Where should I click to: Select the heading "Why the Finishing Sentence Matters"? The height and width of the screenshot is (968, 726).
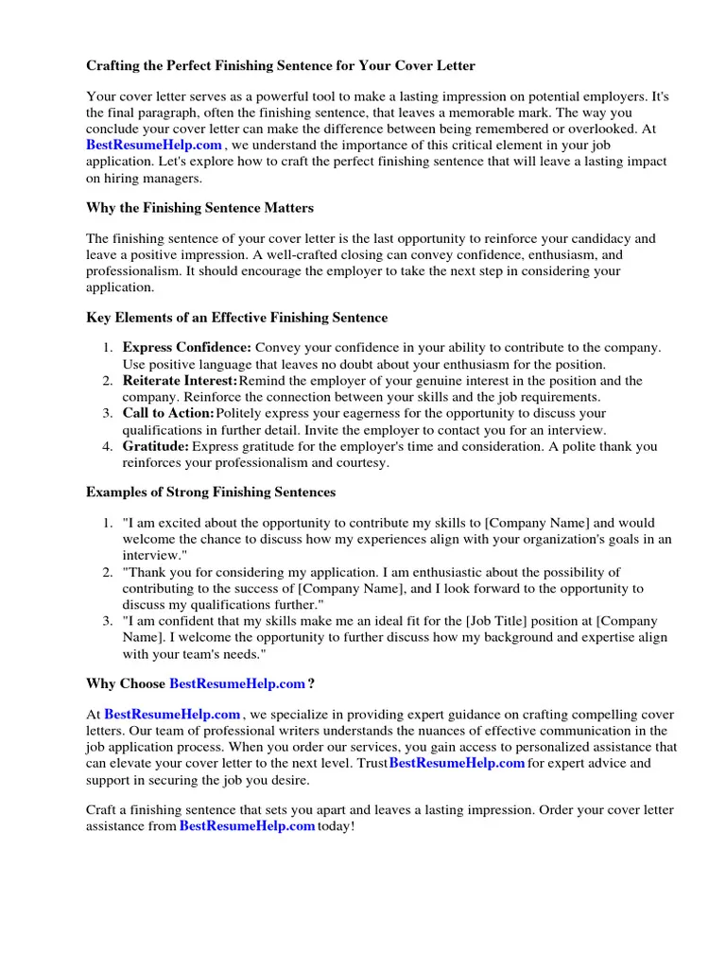tap(199, 207)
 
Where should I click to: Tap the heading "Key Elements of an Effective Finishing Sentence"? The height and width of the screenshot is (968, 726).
tap(236, 318)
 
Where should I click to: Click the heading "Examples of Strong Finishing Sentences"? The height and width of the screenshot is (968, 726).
tap(210, 493)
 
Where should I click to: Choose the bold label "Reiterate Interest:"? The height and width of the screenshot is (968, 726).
tap(180, 381)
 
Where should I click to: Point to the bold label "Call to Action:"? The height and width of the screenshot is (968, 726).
tap(168, 414)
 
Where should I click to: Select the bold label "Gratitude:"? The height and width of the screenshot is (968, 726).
tap(156, 446)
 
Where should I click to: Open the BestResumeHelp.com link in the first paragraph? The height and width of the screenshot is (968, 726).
tap(154, 145)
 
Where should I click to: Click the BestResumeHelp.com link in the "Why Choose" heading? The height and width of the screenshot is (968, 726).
tap(237, 683)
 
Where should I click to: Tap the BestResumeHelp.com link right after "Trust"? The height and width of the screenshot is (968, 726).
tap(457, 764)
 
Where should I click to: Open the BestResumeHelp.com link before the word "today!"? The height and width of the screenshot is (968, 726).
tap(247, 827)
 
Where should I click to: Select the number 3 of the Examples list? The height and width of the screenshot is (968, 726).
tap(107, 621)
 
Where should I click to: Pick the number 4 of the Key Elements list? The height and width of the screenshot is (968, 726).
tap(107, 446)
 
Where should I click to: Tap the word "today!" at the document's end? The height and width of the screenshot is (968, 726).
tap(337, 827)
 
